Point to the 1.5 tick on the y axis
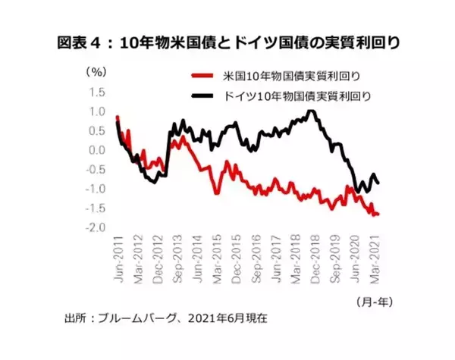pos(96,92)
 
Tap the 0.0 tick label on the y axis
pos(96,150)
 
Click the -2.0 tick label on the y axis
pos(95,228)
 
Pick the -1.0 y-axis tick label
pos(95,189)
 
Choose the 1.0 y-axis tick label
pos(96,111)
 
